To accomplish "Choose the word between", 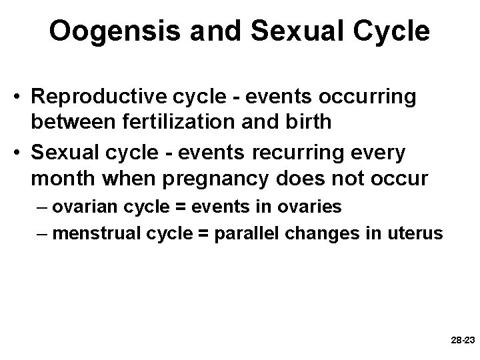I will click(81, 122).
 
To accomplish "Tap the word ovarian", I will click(81, 207).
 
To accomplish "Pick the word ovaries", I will click(309, 207).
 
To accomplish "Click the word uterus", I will click(417, 234).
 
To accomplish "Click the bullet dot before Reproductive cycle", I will click(22, 97).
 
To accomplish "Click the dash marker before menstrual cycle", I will click(43, 234).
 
